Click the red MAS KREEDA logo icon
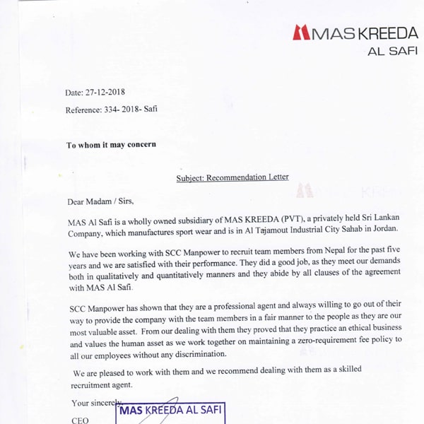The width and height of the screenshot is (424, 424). pos(300,32)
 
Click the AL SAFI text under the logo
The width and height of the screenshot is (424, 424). pos(392,51)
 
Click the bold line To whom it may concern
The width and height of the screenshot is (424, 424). pos(111,145)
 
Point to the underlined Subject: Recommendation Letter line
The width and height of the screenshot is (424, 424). pos(232,177)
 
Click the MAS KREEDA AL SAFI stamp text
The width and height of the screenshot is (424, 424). pos(171,410)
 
